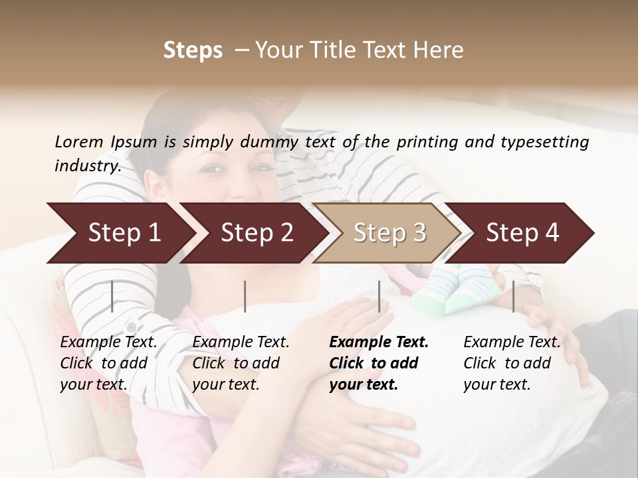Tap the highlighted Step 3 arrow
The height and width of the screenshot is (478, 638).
(x=387, y=232)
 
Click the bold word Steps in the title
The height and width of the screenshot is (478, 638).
(x=193, y=50)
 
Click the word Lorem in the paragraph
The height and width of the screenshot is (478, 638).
(x=79, y=141)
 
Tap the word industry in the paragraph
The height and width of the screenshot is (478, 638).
(x=87, y=166)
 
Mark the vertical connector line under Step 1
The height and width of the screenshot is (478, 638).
(x=112, y=296)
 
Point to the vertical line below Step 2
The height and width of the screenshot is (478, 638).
(x=245, y=296)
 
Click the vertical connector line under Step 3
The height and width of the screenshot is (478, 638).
(x=379, y=296)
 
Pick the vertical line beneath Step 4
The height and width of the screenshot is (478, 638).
(x=513, y=296)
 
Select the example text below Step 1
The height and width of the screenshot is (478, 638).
(x=108, y=363)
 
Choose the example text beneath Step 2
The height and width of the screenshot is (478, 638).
(x=241, y=363)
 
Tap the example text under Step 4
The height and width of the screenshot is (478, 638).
(x=512, y=363)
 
